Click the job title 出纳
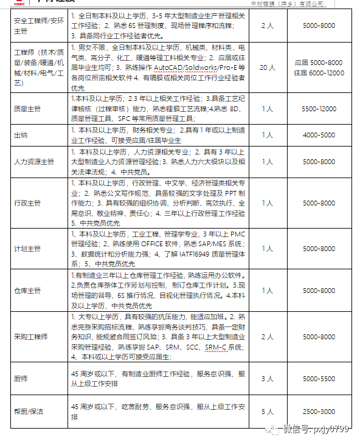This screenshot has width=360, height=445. click(x=21, y=135)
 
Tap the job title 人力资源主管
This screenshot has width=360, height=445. click(x=33, y=162)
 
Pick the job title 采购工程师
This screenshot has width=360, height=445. click(x=30, y=336)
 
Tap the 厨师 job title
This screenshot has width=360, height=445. click(x=21, y=379)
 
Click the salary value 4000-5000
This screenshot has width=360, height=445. click(x=319, y=135)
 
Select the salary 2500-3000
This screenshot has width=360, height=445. click(x=319, y=412)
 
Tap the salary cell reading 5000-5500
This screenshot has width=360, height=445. click(x=319, y=379)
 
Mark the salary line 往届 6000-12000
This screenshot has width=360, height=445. click(x=319, y=73)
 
